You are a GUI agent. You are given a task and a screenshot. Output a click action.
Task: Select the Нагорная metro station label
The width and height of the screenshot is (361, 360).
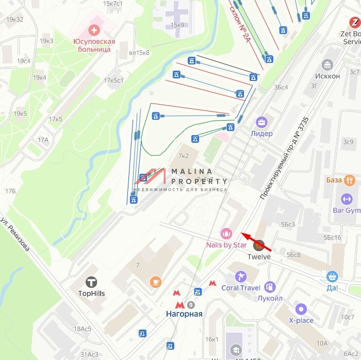pos(184,314)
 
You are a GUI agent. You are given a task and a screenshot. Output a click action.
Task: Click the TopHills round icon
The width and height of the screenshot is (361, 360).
pos(92,282)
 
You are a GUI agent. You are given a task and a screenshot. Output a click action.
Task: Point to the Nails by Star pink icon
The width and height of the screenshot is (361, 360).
pos(226,234)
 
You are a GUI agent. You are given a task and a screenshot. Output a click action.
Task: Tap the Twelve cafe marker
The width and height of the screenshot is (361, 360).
pos(259,246)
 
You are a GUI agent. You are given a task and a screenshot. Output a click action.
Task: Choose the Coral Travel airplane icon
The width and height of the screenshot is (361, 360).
pos(240,275)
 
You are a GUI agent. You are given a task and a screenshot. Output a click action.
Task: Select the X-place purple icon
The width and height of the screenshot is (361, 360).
pos(301,309)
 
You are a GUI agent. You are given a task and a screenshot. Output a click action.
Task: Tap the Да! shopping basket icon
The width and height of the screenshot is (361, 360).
pos(332,277)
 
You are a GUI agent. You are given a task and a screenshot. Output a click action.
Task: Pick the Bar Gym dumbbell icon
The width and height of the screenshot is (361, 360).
pos(346,199)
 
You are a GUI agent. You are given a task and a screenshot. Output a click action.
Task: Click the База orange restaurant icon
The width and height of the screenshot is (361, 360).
pos(350,180)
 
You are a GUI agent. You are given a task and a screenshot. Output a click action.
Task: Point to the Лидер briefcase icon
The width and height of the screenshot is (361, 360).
pos(262,122)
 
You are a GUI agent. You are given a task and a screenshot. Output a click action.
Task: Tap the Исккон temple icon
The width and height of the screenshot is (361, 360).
pos(327,64)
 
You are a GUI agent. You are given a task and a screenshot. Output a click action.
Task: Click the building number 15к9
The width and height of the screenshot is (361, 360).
pos(177,24)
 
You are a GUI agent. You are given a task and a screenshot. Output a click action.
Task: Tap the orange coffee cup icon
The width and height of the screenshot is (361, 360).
pos(155,282)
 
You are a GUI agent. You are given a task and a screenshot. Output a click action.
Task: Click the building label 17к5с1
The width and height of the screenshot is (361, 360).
pos(114,80)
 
